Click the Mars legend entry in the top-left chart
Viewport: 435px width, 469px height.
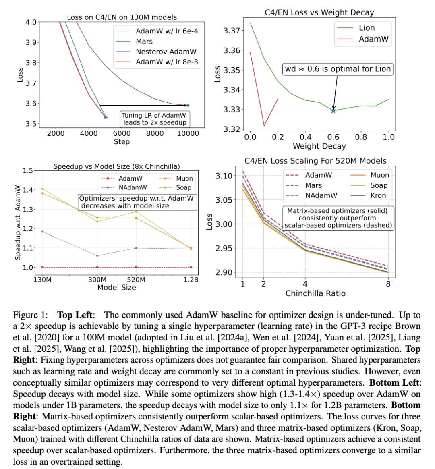point(144,41)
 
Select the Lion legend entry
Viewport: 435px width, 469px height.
point(367,28)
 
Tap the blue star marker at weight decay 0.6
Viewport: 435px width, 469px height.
point(333,110)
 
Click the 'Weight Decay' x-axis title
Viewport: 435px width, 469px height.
point(319,146)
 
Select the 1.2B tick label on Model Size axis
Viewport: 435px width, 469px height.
point(191,280)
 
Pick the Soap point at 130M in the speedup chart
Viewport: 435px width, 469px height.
point(42,189)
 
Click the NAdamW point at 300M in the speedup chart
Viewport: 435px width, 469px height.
point(97,255)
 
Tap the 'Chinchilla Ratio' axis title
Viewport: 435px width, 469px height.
point(315,293)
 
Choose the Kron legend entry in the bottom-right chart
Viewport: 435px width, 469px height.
point(377,195)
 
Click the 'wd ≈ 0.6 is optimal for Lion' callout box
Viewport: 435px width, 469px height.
point(338,69)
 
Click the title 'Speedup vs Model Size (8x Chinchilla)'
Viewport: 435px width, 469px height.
point(116,166)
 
